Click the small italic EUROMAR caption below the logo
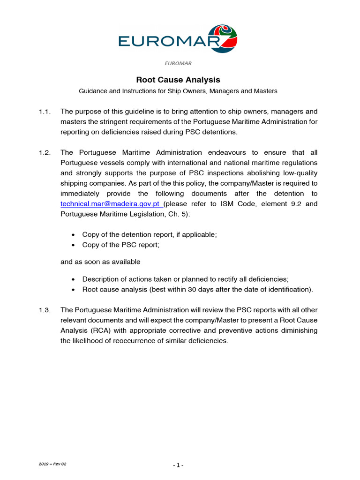click(178, 63)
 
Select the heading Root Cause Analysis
click(178, 80)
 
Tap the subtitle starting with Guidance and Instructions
click(178, 91)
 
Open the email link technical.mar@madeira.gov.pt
click(111, 204)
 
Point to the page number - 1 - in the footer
click(178, 465)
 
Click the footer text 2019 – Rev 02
click(52, 464)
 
